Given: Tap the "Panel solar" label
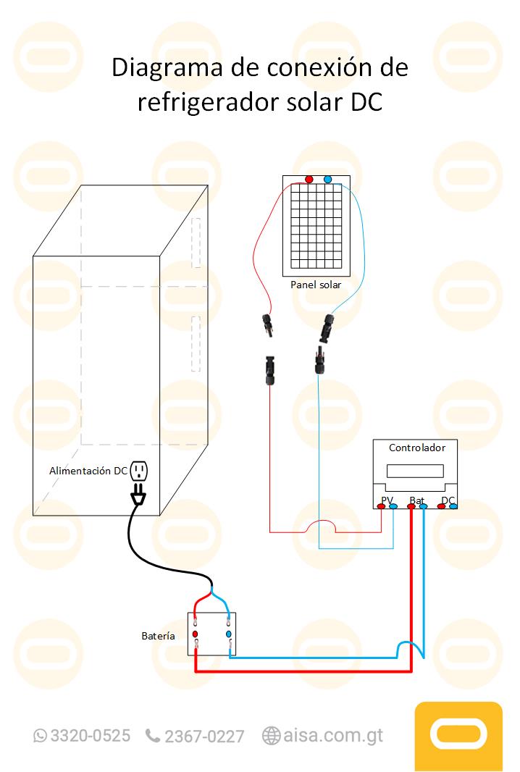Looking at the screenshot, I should click(x=316, y=285).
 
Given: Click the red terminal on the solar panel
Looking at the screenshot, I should click(x=309, y=179).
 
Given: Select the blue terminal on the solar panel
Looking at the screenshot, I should click(x=328, y=179).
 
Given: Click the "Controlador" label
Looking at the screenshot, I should click(x=417, y=448).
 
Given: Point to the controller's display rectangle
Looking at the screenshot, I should click(x=415, y=471).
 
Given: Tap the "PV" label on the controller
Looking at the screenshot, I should click(x=387, y=500).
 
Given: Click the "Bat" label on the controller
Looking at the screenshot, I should click(x=416, y=500).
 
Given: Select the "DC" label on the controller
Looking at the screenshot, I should click(x=448, y=500).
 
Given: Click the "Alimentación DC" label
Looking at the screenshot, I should click(x=88, y=471).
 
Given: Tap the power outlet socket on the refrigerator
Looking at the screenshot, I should click(x=139, y=472).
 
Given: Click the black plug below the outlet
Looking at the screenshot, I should click(x=138, y=496).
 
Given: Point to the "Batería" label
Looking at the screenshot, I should click(x=158, y=636).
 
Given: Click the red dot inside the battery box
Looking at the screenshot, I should click(x=196, y=634).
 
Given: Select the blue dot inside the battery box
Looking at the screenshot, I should click(x=229, y=634).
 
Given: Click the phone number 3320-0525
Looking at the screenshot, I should click(x=90, y=736).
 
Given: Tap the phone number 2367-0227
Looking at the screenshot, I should click(x=204, y=737).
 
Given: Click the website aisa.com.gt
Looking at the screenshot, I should click(x=332, y=736).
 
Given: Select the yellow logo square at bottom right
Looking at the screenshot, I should click(x=458, y=735).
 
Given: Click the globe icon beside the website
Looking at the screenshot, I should click(x=272, y=736).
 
